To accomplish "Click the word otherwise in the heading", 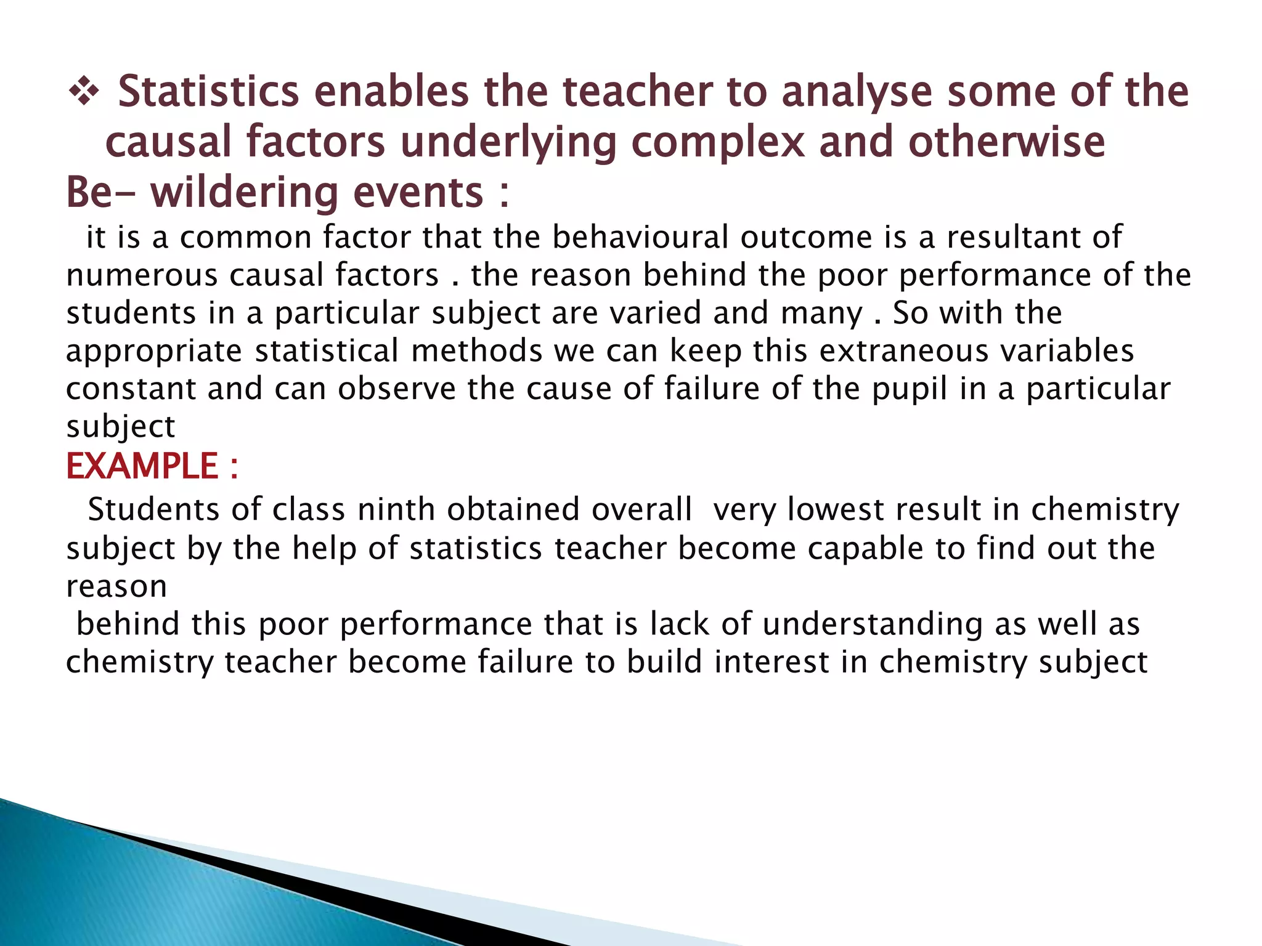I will [x=1006, y=142].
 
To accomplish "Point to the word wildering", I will [x=244, y=193].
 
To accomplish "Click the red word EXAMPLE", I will [x=142, y=466].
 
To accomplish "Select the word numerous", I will [x=142, y=275].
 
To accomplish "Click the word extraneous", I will [x=903, y=351].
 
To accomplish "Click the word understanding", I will [x=872, y=625].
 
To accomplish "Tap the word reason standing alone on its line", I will [x=116, y=587].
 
